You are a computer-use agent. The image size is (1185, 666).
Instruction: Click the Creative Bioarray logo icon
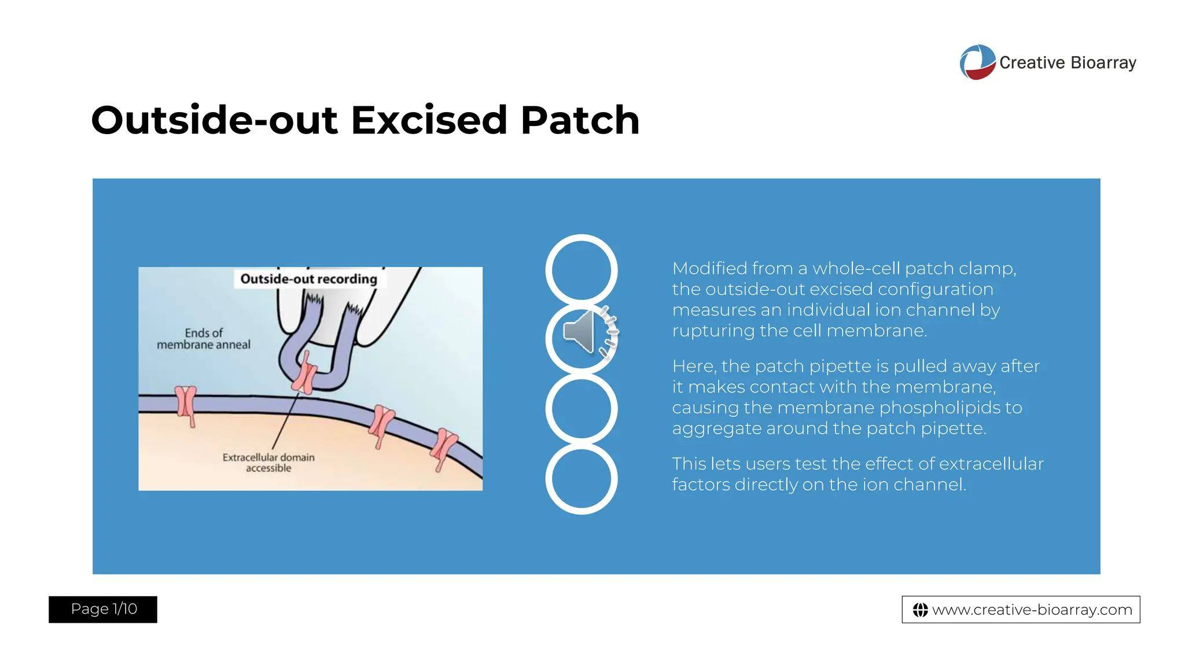coord(977,62)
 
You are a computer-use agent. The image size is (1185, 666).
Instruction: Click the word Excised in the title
coord(429,120)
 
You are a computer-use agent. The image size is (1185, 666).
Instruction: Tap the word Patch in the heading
coord(580,120)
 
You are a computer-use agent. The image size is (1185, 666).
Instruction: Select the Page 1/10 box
coord(103,609)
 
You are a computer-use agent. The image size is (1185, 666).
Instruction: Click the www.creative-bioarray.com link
coord(1032,609)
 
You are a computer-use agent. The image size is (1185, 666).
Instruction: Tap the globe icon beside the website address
coord(920,610)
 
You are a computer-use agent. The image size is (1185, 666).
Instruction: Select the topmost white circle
coord(582,269)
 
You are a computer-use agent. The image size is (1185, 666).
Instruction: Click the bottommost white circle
coord(582,479)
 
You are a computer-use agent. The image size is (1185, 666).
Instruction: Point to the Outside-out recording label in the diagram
coord(308,279)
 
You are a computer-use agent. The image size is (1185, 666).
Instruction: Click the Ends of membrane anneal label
coord(204,339)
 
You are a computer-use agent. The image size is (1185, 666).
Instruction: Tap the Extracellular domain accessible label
coord(268,462)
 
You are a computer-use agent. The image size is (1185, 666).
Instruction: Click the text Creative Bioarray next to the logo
coord(1068,62)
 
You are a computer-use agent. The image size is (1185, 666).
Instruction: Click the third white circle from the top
coord(582,409)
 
